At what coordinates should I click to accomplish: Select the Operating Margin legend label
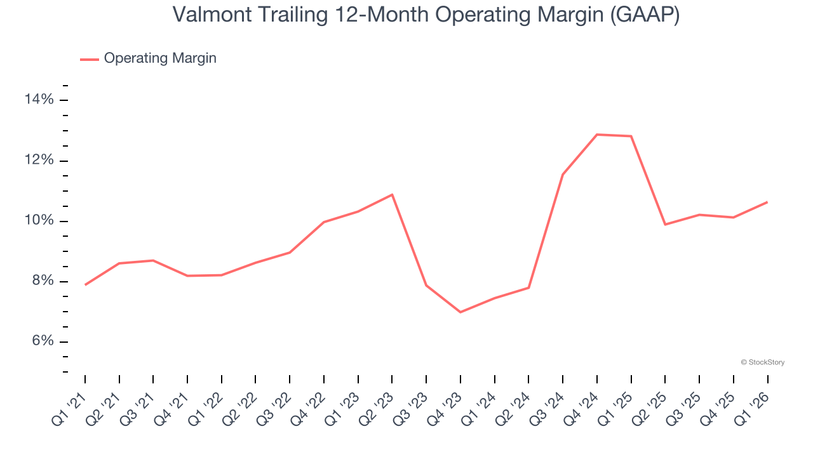160,58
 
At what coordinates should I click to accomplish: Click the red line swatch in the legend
90,59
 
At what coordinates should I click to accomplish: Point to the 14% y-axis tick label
39,100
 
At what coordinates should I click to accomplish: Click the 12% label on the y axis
39,161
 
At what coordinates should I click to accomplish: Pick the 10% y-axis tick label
39,221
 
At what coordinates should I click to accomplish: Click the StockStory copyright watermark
762,362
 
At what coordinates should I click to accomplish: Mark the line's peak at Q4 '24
597,135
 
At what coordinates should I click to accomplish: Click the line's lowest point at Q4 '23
460,312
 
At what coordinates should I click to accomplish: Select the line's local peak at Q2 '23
393,194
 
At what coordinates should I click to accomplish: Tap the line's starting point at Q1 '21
85,285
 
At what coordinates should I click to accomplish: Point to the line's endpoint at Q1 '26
767,202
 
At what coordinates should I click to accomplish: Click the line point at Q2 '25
665,225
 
